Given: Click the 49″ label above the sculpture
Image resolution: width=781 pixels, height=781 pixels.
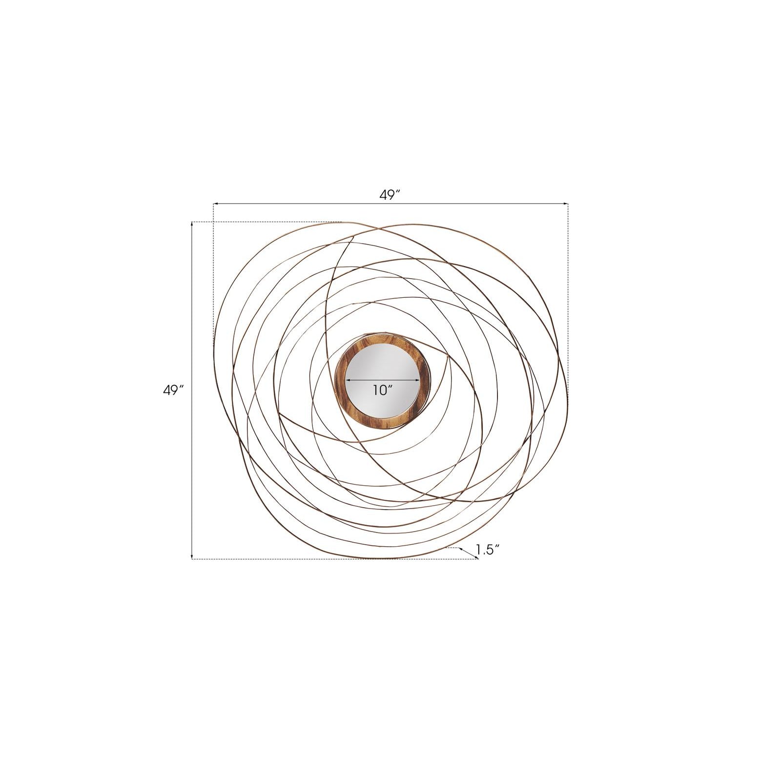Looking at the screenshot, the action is coord(390,195).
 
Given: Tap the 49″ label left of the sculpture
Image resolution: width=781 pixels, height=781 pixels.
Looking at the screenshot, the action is coord(173,390).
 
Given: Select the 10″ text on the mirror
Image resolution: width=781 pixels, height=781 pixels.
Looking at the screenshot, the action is coord(383,390).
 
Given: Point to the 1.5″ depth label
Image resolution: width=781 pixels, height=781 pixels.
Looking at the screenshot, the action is coord(488,550).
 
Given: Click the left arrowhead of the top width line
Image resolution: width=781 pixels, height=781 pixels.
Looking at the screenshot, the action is coord(215,204).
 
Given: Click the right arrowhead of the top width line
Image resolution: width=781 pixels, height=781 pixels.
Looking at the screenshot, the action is coord(566,204).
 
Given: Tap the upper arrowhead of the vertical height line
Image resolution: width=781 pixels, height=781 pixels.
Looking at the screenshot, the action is coord(192,225).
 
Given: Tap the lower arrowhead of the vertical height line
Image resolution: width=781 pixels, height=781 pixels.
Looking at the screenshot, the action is coord(192,556).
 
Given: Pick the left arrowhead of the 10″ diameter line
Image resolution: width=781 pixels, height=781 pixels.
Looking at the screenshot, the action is coord(348,380).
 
